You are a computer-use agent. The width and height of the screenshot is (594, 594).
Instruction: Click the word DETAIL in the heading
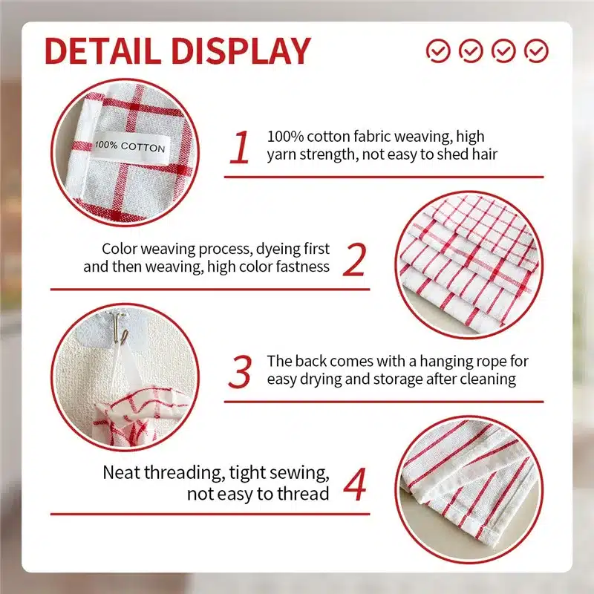pyautogui.click(x=102, y=51)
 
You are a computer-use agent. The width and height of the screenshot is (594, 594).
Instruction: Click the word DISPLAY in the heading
pyautogui.click(x=241, y=51)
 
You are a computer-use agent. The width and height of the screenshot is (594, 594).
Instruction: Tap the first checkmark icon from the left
pyautogui.click(x=438, y=50)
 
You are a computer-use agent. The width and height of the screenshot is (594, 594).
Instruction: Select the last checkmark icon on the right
pyautogui.click(x=536, y=50)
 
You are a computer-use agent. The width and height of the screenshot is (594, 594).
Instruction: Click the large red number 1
pyautogui.click(x=240, y=147)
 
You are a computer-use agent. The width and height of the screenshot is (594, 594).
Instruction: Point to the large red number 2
pyautogui.click(x=355, y=259)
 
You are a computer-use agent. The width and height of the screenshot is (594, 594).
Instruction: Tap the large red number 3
pyautogui.click(x=240, y=372)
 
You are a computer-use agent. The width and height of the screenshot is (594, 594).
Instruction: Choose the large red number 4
pyautogui.click(x=355, y=484)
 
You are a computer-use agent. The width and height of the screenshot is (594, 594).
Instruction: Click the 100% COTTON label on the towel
pyautogui.click(x=130, y=146)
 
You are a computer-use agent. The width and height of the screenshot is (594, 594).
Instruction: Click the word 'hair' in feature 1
pyautogui.click(x=485, y=154)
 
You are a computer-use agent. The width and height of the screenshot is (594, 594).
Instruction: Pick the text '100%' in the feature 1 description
pyautogui.click(x=285, y=137)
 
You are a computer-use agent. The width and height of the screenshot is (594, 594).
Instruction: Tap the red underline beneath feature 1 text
pyautogui.click(x=384, y=177)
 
